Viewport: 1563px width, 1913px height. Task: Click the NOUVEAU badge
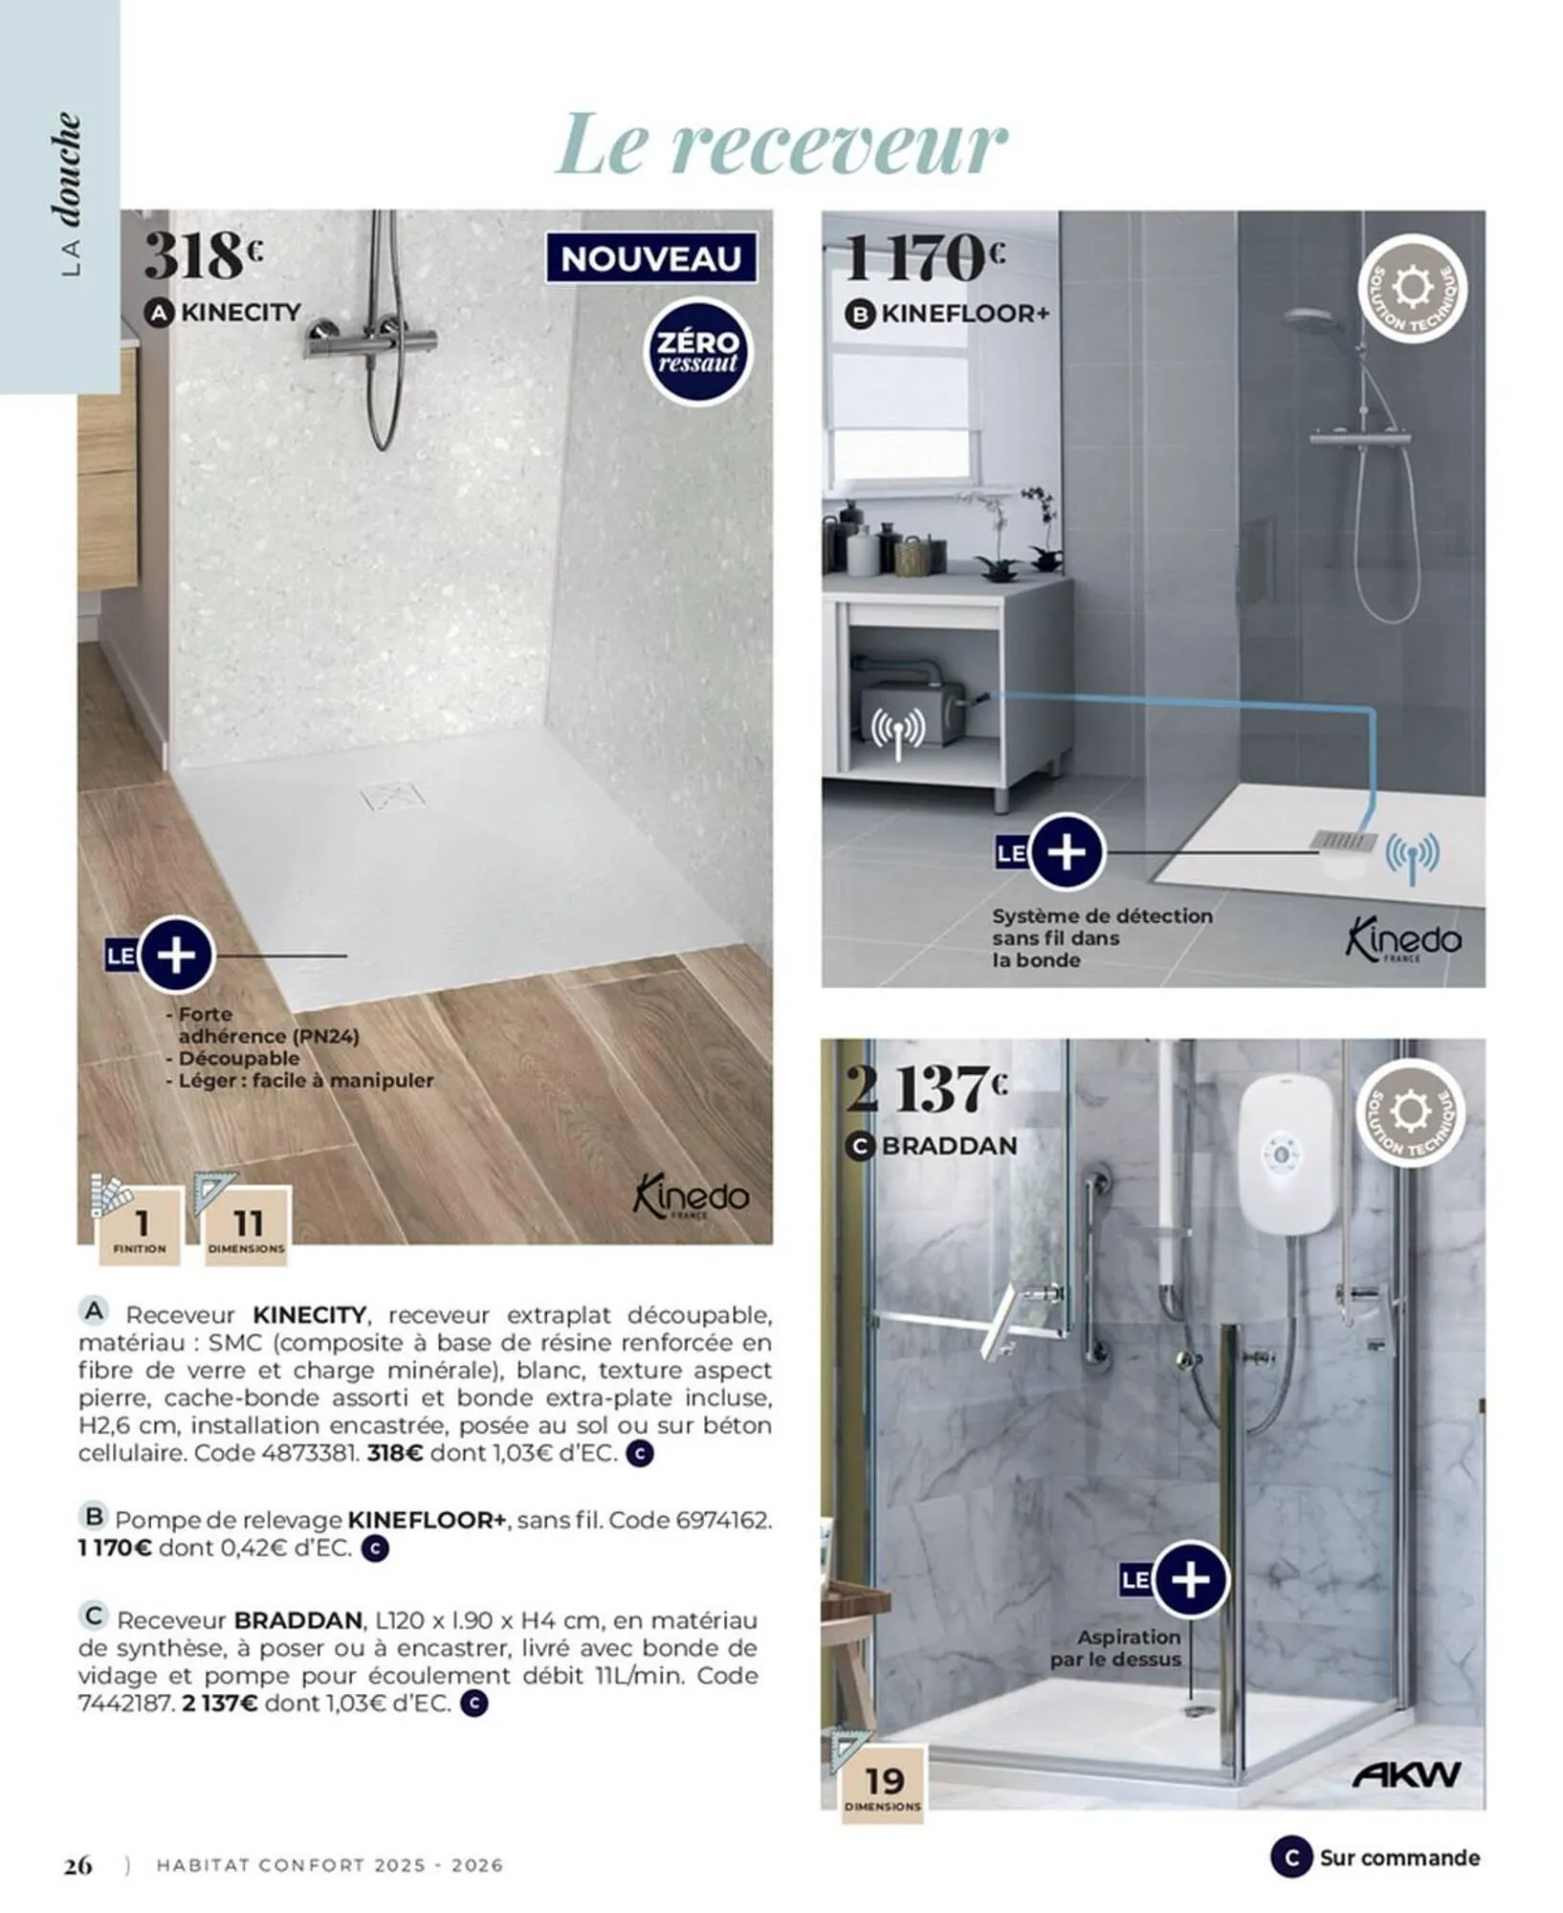tap(650, 258)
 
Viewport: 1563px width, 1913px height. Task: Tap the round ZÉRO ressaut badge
tap(697, 352)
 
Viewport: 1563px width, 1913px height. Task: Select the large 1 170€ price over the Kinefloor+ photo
tap(924, 257)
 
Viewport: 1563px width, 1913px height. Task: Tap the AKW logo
tap(1406, 1775)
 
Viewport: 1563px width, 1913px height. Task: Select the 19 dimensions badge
tap(883, 1785)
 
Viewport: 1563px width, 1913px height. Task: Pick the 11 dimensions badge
tap(247, 1228)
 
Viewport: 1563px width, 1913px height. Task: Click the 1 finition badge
tap(140, 1228)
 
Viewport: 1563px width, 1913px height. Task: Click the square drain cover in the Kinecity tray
tap(392, 796)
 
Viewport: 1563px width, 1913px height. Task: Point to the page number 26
tap(78, 1864)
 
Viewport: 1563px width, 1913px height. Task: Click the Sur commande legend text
tap(1398, 1858)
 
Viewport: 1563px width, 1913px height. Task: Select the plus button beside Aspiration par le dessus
tap(1190, 1580)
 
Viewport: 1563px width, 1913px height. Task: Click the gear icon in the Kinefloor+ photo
tap(1412, 287)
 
